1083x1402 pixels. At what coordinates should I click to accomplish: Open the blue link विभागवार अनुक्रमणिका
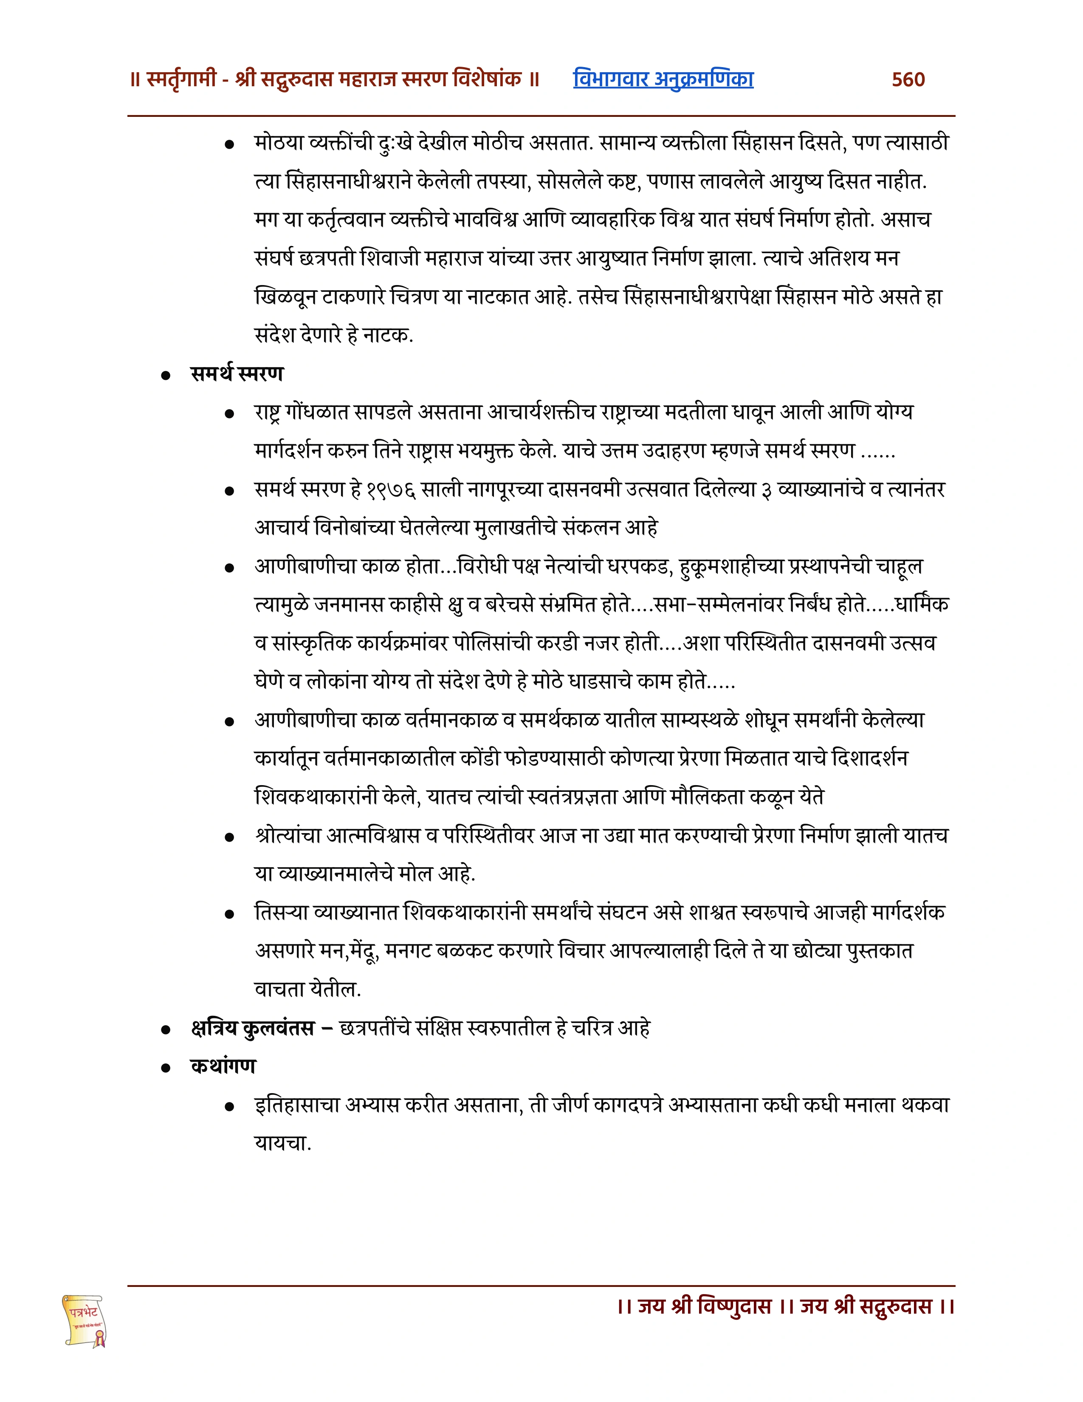coord(663,79)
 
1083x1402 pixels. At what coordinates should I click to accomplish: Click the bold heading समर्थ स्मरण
coord(237,373)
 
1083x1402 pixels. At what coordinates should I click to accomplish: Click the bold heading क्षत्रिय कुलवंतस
coord(252,1029)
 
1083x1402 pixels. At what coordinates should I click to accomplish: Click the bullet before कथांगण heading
coord(166,1068)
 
